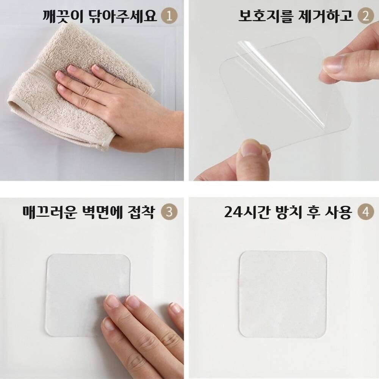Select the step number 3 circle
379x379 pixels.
pos(169,212)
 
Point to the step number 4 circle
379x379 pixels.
pos(366,212)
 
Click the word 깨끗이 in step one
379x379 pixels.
pos(63,16)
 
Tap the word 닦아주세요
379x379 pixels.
pos(123,16)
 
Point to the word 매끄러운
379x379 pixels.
pos(50,212)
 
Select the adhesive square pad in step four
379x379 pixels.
pos(283,294)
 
